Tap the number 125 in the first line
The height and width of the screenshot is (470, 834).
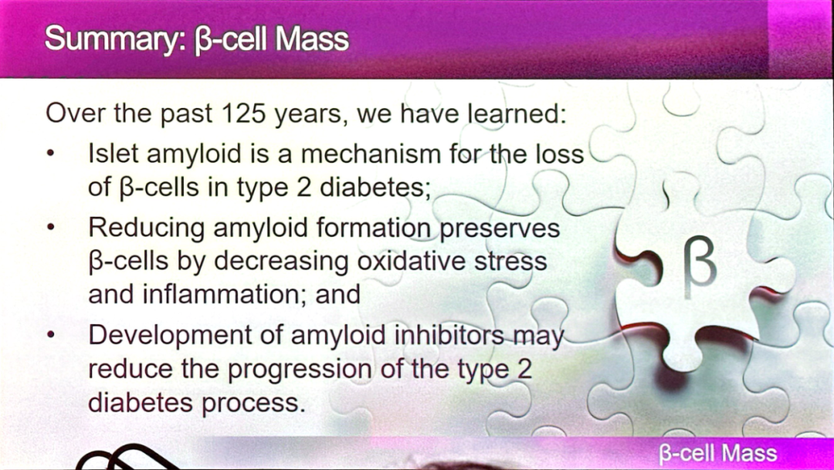coord(242,113)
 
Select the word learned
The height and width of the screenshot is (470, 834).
coord(517,113)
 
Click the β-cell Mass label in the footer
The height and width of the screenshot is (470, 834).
coord(718,454)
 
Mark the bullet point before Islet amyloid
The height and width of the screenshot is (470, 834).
coord(50,154)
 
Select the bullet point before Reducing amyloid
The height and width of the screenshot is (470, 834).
coord(50,228)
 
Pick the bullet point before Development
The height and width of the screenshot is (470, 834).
coord(50,335)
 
